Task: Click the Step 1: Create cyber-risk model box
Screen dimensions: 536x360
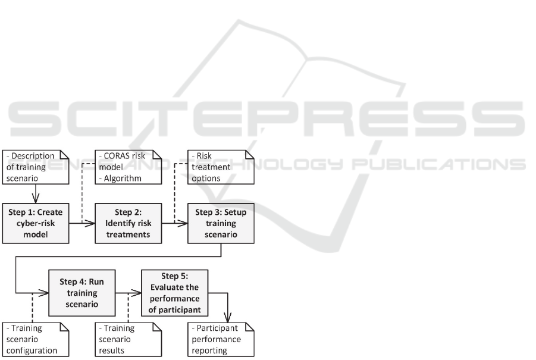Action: (x=36, y=223)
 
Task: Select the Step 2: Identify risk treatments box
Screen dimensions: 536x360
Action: (x=128, y=223)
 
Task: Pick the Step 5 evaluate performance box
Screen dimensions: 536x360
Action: (x=175, y=292)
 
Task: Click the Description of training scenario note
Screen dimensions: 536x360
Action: (x=36, y=167)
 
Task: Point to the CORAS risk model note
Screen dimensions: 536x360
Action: (x=128, y=167)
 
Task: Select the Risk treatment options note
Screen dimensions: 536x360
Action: (x=221, y=167)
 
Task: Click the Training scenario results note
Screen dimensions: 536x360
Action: (x=128, y=339)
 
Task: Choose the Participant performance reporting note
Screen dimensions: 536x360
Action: (x=221, y=339)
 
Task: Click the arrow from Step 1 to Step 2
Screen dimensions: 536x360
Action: (x=82, y=224)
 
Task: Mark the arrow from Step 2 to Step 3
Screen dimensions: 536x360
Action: (x=175, y=224)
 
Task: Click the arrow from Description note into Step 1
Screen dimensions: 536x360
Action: (x=36, y=194)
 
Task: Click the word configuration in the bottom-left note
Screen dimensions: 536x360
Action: (x=31, y=350)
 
